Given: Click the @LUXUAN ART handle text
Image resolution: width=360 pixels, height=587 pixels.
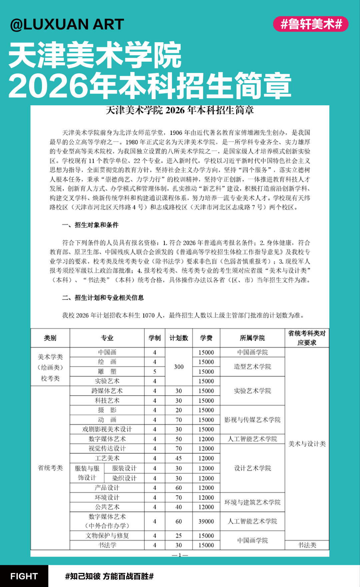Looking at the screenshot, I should click(67, 24).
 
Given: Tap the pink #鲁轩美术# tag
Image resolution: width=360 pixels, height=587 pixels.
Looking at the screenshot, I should click(311, 24).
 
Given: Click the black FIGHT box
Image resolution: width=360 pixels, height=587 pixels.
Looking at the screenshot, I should click(24, 576).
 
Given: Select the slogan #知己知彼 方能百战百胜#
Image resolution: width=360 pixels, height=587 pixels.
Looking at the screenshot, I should click(109, 576).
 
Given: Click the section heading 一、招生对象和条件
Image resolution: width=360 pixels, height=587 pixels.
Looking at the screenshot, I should click(90, 225).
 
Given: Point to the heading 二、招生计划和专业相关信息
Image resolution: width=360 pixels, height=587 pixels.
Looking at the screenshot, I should click(103, 297).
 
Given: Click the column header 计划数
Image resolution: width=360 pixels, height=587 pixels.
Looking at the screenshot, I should click(179, 338).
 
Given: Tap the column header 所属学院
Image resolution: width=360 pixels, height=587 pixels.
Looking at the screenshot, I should click(252, 338).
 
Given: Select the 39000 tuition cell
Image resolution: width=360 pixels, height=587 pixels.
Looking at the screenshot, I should click(206, 521).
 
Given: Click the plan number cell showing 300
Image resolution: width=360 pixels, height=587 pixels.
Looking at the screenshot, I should click(179, 367).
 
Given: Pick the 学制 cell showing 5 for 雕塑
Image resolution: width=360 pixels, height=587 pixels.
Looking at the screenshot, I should click(155, 371).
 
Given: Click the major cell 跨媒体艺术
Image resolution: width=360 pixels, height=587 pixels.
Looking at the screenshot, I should click(107, 391).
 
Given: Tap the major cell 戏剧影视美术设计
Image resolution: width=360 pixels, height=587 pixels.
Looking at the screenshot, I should click(107, 429).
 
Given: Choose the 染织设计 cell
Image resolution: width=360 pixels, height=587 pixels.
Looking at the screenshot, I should click(124, 478).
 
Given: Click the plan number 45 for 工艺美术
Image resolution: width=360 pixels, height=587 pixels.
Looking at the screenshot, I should click(179, 458).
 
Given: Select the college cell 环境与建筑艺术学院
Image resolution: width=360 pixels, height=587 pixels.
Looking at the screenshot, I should click(252, 502).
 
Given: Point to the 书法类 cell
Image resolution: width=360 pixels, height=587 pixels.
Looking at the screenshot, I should click(307, 545).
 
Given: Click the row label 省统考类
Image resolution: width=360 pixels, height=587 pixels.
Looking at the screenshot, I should click(50, 468).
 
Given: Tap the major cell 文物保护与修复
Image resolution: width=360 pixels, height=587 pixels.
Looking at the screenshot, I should click(107, 535).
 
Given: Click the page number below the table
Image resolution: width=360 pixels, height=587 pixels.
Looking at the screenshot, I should click(180, 555).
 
